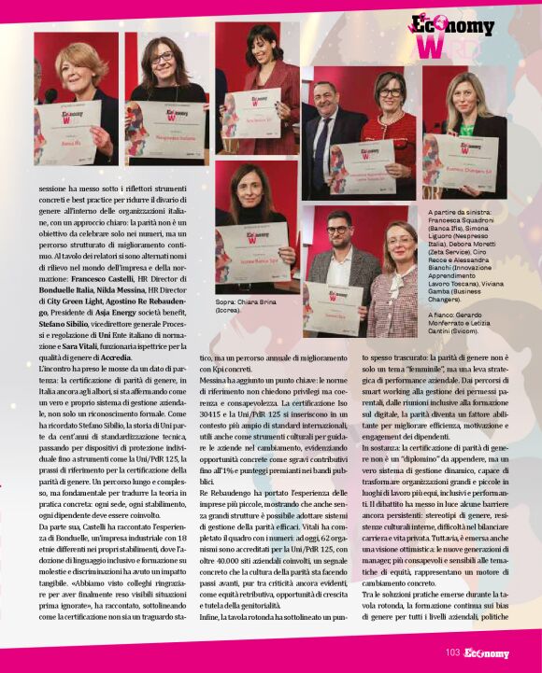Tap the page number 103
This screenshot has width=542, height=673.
(x=451, y=653)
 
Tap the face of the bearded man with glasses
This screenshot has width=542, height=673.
(x=337, y=233)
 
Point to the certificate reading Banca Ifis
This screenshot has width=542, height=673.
(x=68, y=133)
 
